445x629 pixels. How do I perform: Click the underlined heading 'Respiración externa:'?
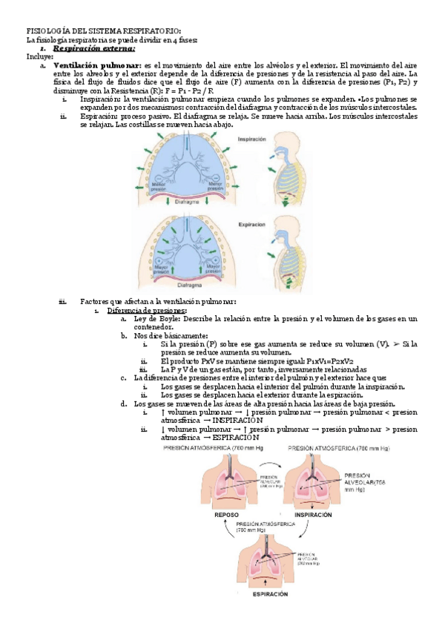coord(97,47)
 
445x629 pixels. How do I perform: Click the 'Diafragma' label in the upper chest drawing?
coord(188,201)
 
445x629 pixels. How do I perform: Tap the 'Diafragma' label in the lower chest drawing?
coord(188,283)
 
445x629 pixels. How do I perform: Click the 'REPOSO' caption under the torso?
coord(227,514)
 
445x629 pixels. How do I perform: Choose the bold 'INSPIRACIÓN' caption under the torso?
coord(313,514)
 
